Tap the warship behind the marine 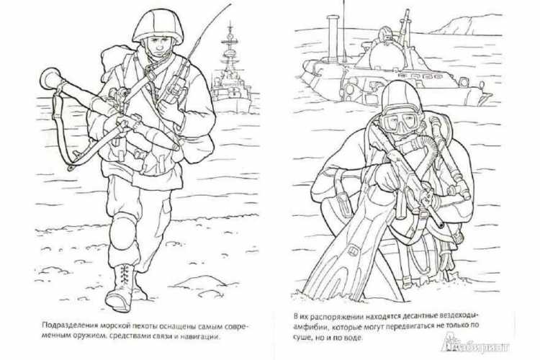pos(231,75)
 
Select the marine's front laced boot pos(120,288)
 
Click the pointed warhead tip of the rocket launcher pos(176,148)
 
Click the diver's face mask pos(400,120)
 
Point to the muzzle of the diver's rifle pos(441,224)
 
